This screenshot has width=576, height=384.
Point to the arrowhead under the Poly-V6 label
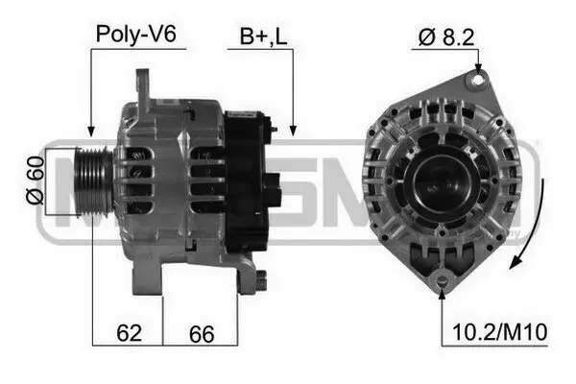pyautogui.click(x=91, y=132)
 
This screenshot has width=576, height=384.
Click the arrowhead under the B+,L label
pyautogui.click(x=291, y=130)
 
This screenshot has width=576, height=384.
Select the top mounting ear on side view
pyautogui.click(x=144, y=86)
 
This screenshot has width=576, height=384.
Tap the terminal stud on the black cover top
pyautogui.click(x=274, y=125)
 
